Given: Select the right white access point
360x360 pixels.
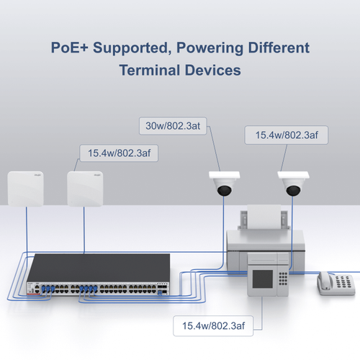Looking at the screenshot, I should pyautogui.click(x=85, y=189).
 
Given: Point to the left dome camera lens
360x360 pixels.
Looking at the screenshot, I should pyautogui.click(x=225, y=191).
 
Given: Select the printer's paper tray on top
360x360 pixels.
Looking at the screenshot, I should pyautogui.click(x=261, y=216).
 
